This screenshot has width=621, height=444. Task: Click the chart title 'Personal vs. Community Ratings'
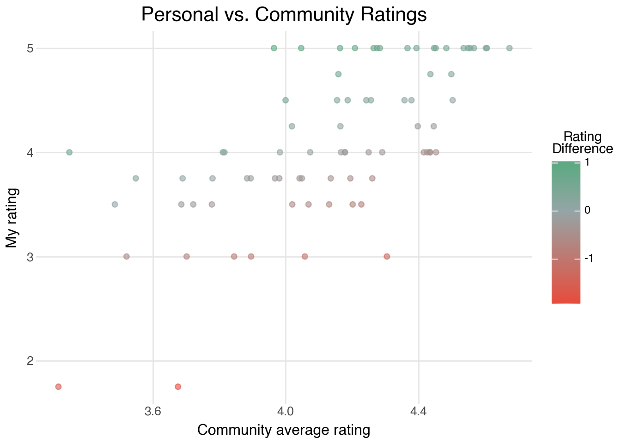coord(284,15)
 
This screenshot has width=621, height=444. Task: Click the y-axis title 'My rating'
coord(12,217)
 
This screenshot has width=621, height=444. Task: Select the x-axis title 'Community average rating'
coord(284,430)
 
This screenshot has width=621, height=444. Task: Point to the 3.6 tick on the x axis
coord(153,411)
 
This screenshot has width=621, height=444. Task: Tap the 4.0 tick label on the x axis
coord(286,411)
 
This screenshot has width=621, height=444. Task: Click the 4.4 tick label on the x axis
coord(419,411)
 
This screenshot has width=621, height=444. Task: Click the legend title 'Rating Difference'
coord(582,143)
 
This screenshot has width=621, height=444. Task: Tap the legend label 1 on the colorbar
coord(588,162)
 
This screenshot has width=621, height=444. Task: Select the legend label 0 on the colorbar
coord(588,210)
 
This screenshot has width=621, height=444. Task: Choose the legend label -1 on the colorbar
coord(589,259)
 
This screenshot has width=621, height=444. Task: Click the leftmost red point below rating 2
coord(58,387)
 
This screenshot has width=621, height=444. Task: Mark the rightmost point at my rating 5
coord(509,48)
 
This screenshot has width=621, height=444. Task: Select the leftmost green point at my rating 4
coord(69,152)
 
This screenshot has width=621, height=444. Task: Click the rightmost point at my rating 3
coord(387,256)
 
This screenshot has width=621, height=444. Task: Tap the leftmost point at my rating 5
coord(274,48)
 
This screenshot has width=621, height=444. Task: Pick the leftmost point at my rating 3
coord(126,256)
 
